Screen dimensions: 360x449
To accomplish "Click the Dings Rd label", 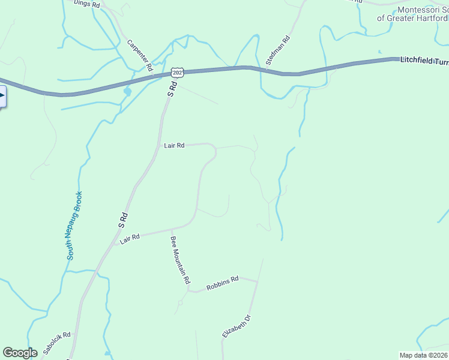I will pyautogui.click(x=85, y=3).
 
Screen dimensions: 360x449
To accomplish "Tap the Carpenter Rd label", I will pyautogui.click(x=140, y=53).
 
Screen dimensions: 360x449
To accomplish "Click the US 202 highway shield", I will pyautogui.click(x=176, y=72).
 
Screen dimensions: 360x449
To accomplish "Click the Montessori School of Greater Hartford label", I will pyautogui.click(x=413, y=14).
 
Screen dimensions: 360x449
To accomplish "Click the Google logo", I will pyautogui.click(x=20, y=353).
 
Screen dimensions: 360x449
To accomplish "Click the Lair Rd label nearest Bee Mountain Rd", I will pyautogui.click(x=130, y=238).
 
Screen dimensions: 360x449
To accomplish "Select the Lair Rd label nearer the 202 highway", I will pyautogui.click(x=174, y=145).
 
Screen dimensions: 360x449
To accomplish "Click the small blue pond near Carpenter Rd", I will pyautogui.click(x=127, y=92).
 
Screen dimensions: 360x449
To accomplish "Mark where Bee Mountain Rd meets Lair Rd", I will pyautogui.click(x=172, y=229).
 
